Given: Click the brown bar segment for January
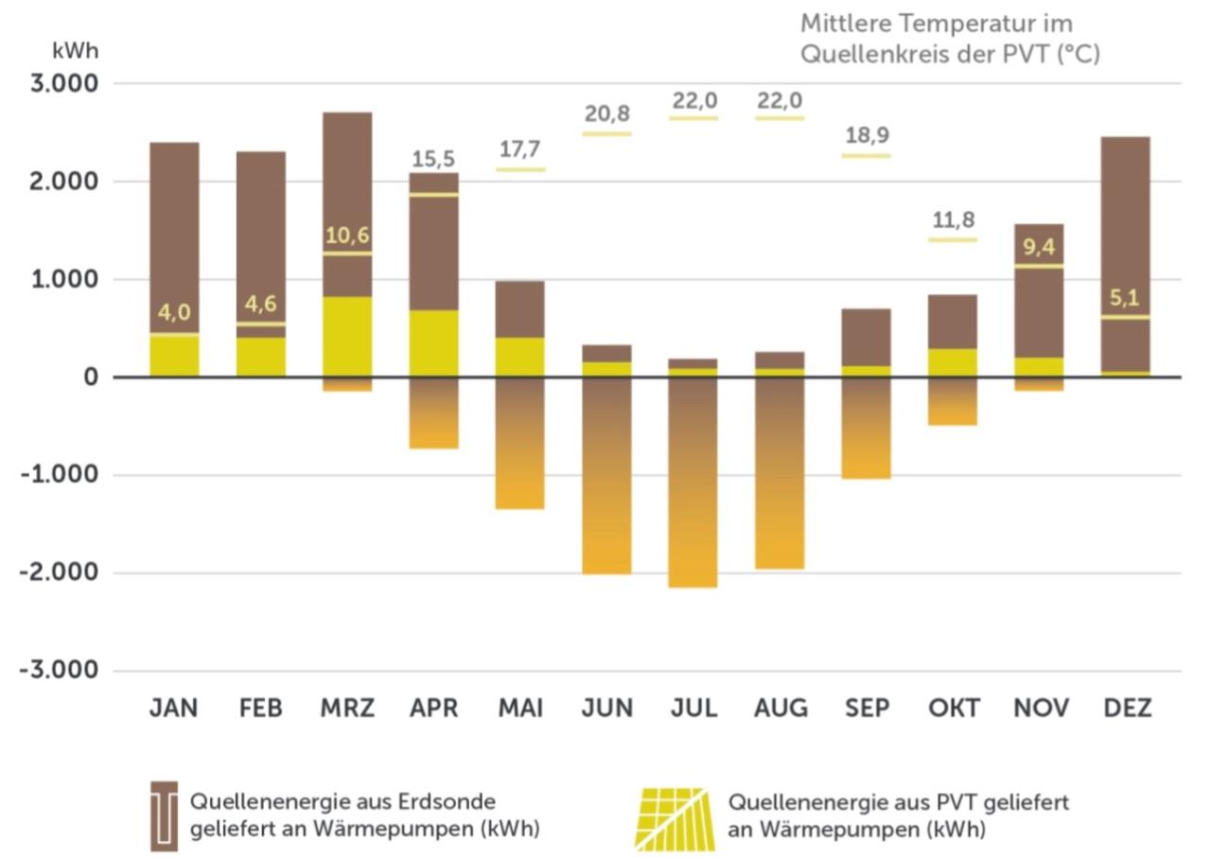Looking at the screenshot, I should coord(174,236).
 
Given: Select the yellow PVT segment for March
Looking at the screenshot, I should coord(347,337).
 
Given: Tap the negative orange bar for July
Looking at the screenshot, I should coord(694,482).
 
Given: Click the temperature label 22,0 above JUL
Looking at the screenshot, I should coord(694,100).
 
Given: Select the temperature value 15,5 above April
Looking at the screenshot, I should coord(434,159).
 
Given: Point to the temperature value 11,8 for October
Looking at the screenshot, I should coord(952,221).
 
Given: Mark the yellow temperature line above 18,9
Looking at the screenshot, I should coord(867,155).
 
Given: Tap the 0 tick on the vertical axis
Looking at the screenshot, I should coord(91,377).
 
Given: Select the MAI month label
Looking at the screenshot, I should coord(520,709).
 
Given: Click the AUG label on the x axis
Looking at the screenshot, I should coord(781,709).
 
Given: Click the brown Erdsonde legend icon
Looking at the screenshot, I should coord(165,815).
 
